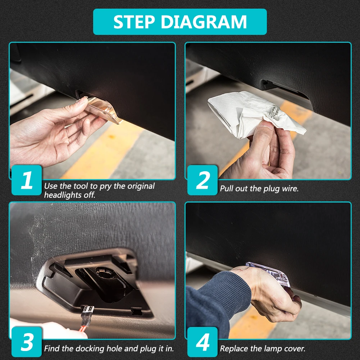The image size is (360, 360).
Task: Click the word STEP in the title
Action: point(134,22)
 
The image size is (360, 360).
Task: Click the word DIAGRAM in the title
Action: point(204,22)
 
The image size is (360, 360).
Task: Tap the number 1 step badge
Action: point(27,180)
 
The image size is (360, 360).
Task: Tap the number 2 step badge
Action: point(202,180)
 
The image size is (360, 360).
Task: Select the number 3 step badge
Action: point(27,342)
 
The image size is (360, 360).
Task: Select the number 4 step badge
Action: point(202,342)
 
